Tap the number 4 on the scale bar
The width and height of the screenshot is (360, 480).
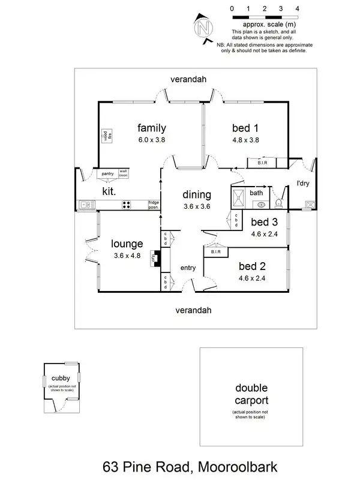298,9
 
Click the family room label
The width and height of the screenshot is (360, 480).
151,128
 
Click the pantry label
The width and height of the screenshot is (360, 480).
107,173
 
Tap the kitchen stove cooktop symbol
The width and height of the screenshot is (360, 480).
127,205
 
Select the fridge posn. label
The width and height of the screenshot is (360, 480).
154,205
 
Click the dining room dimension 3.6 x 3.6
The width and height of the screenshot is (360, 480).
197,207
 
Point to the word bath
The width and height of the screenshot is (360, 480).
256,193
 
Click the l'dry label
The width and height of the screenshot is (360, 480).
302,184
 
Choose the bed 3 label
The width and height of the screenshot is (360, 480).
264,222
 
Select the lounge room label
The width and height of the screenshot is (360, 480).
127,244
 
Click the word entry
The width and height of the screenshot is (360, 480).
188,268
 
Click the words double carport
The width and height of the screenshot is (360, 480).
251,394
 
